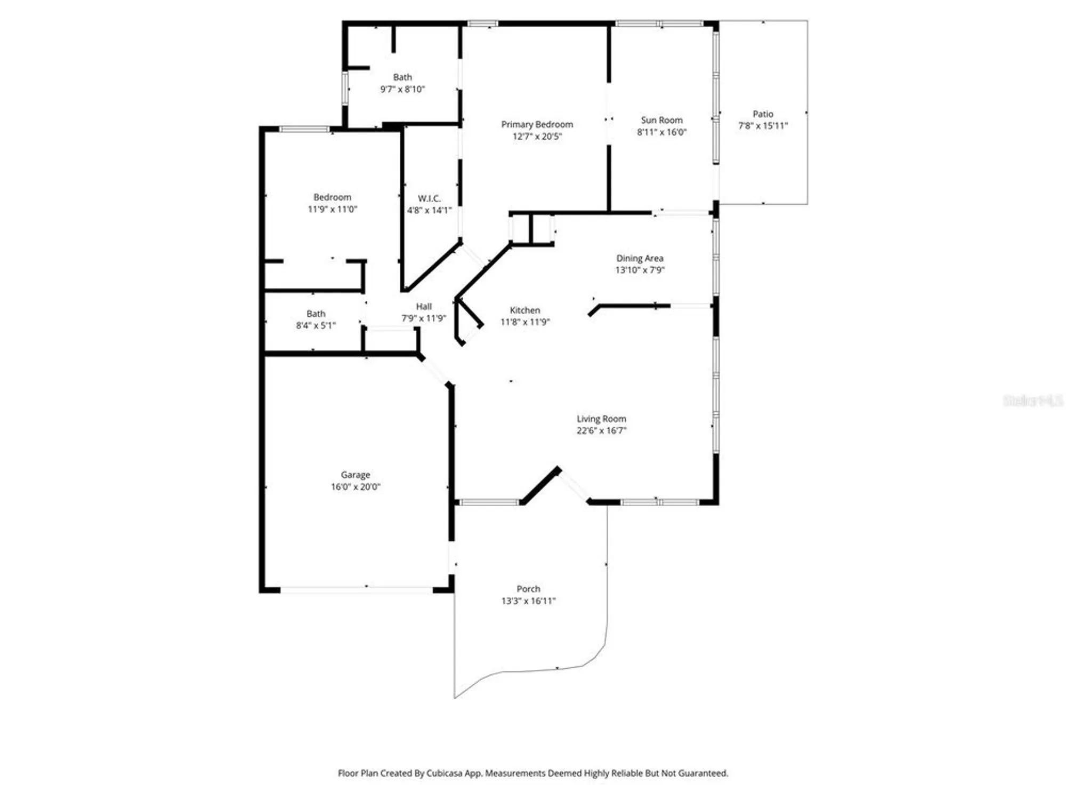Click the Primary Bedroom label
(x=537, y=124)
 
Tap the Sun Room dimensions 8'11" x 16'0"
(x=661, y=132)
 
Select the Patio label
(x=763, y=114)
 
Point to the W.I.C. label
(x=429, y=198)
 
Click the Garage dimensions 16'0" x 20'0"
(x=356, y=487)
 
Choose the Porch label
(x=528, y=589)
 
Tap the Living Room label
(x=601, y=419)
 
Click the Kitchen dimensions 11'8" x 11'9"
(x=525, y=322)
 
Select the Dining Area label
(x=640, y=258)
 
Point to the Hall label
(x=424, y=306)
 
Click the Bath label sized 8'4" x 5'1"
(x=316, y=314)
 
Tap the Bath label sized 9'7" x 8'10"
(x=402, y=77)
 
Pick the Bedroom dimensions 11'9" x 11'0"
(x=332, y=210)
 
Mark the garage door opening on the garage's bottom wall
(x=356, y=590)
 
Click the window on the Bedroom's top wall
(x=304, y=129)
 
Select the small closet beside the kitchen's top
(x=531, y=229)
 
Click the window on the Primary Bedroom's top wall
(x=482, y=23)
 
